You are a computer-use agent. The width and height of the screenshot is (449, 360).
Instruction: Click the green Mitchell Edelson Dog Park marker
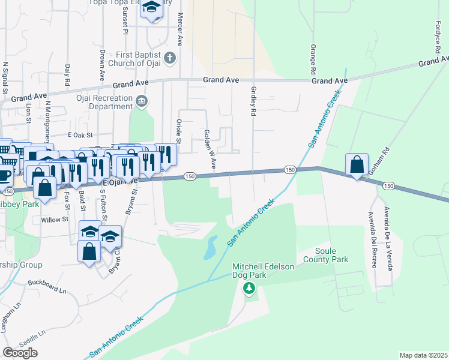tap(249, 289)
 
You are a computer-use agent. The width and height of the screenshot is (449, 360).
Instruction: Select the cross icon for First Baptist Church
tap(170, 58)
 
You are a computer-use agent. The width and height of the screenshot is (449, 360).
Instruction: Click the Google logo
tap(20, 353)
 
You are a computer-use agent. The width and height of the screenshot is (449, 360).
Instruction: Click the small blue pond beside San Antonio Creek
tap(210, 247)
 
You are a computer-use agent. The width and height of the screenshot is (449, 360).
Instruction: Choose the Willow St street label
tap(55, 220)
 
